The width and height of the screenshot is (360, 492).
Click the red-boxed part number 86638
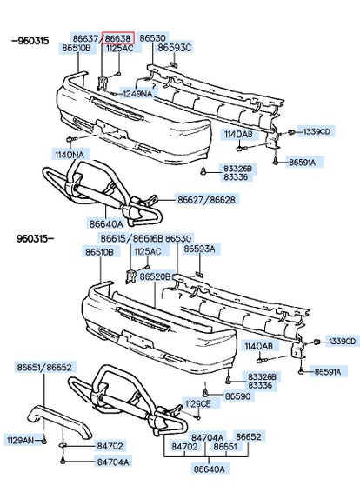(x=117, y=38)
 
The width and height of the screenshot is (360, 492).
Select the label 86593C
(x=174, y=48)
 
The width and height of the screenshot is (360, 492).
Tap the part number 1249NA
(x=137, y=94)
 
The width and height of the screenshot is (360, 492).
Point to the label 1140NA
(x=70, y=155)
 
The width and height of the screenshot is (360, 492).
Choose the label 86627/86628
(x=206, y=200)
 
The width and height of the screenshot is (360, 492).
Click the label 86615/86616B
(x=132, y=238)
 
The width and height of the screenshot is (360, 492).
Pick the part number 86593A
(x=200, y=249)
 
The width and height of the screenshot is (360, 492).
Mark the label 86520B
(x=155, y=276)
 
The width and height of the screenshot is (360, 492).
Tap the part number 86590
(x=238, y=396)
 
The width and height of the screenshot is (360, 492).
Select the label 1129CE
(x=197, y=404)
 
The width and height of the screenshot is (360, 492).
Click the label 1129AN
(x=20, y=440)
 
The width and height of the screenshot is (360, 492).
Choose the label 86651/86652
(x=44, y=367)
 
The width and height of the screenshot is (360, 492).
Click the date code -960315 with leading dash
(x=30, y=41)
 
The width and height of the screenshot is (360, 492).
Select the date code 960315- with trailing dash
(x=35, y=238)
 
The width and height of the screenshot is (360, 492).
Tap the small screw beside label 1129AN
(x=44, y=441)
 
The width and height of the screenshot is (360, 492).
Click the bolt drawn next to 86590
(x=205, y=393)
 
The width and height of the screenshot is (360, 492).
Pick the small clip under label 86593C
(x=174, y=65)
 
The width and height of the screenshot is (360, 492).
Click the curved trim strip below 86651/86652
(x=59, y=422)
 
